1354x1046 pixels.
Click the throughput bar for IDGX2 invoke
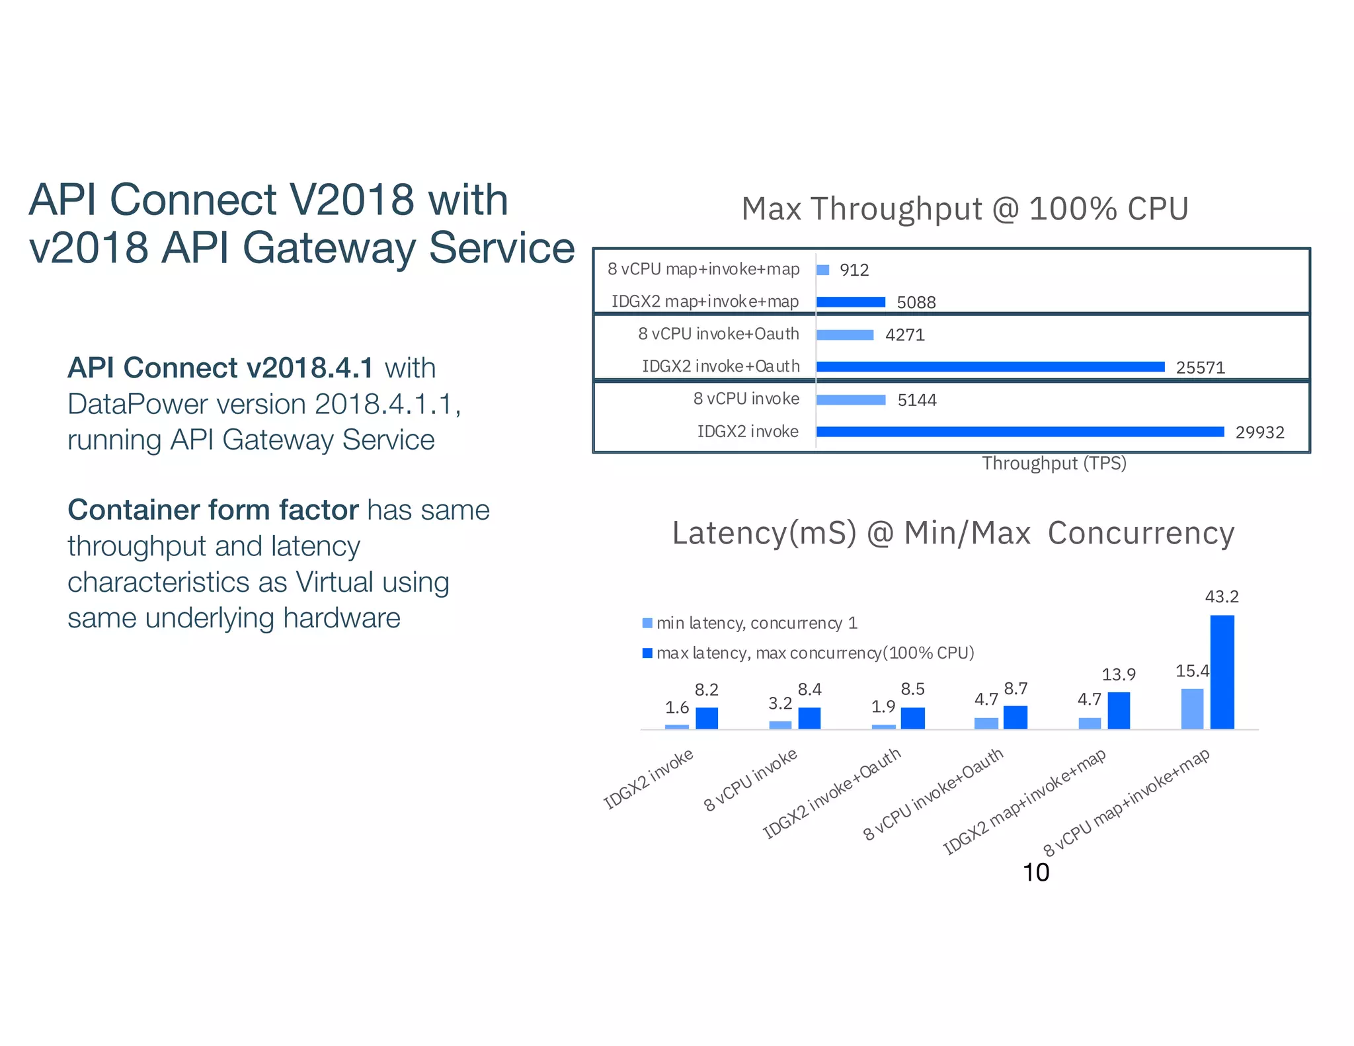(x=1019, y=432)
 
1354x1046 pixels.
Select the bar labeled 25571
(x=990, y=367)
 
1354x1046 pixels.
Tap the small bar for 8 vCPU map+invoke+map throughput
(x=822, y=270)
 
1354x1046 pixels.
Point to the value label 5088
(x=916, y=303)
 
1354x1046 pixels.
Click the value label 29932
(x=1259, y=432)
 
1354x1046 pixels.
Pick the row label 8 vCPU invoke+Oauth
(x=719, y=334)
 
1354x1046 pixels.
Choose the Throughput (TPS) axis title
(x=1054, y=463)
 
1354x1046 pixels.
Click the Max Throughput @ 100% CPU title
(x=965, y=209)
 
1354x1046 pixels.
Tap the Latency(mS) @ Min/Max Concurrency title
(x=953, y=534)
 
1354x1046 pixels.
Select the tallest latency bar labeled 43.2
(x=1222, y=672)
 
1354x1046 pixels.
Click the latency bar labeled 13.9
(x=1119, y=710)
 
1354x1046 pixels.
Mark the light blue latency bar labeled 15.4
(x=1192, y=709)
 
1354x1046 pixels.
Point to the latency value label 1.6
(x=677, y=708)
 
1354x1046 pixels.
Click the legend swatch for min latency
(x=647, y=623)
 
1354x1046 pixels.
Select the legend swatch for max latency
(x=647, y=653)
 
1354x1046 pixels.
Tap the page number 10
(x=1035, y=873)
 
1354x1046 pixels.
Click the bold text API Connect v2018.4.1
(x=221, y=368)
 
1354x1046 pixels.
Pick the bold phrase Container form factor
(x=213, y=510)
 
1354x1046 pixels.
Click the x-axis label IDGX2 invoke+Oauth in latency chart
(x=832, y=793)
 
